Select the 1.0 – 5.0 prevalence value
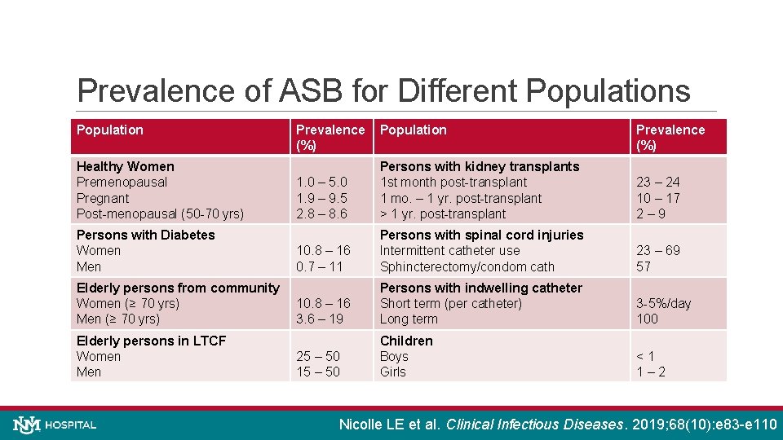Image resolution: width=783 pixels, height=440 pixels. point(322,183)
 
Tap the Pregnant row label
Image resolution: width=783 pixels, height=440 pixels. point(103,198)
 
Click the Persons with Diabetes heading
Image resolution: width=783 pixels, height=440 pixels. point(145,235)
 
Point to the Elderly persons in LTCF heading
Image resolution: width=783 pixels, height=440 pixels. point(151,341)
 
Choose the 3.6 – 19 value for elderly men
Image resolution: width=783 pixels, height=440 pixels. point(320,319)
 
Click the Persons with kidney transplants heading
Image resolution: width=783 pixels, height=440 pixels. point(480,166)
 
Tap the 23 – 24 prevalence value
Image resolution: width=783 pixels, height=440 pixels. point(658,183)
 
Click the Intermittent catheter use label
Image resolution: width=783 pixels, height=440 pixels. point(449,251)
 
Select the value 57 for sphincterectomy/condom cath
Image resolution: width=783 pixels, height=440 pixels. point(644,266)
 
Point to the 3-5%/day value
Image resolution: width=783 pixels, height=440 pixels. point(663,304)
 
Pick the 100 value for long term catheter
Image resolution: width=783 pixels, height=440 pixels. point(647,319)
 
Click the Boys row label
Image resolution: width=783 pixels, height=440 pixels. point(396,356)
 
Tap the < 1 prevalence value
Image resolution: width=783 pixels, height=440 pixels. point(645,356)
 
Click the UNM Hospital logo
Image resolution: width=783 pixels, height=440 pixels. point(55,425)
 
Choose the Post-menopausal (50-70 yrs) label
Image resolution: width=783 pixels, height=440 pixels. point(160,214)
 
